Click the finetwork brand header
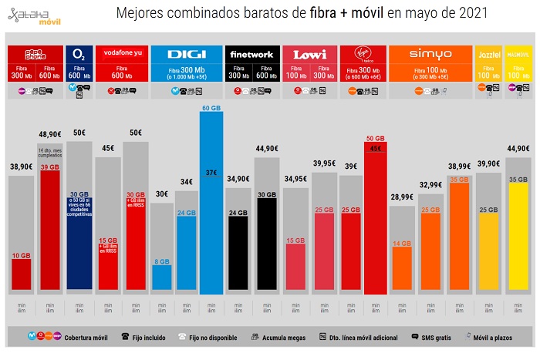pyautogui.click(x=251, y=55)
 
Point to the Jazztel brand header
pyautogui.click(x=488, y=55)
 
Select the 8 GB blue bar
pyautogui.click(x=161, y=278)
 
